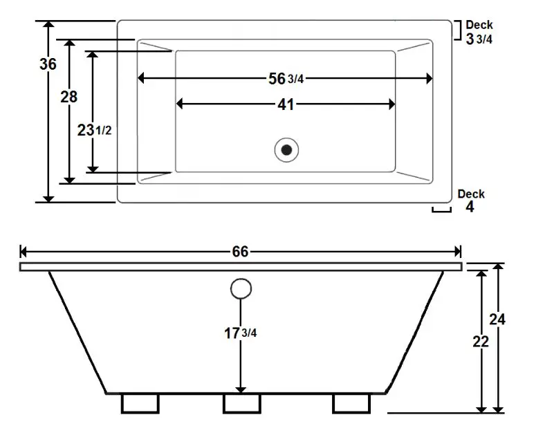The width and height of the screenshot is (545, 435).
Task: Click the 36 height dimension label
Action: click(48, 64)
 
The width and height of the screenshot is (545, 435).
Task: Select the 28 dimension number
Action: click(68, 97)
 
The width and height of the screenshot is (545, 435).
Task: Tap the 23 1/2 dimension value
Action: click(95, 130)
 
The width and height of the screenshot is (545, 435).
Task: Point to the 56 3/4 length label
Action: click(286, 79)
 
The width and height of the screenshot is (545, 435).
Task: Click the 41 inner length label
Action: click(285, 104)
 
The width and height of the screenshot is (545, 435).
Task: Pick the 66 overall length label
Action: click(240, 252)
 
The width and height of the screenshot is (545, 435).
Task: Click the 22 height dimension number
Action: click(481, 341)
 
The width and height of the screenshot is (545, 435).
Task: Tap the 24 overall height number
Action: click(497, 319)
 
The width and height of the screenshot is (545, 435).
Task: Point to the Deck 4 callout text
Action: click(471, 201)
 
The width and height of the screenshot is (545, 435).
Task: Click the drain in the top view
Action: click(286, 148)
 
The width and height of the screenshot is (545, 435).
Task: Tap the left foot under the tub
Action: click(140, 402)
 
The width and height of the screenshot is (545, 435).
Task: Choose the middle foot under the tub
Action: click(241, 402)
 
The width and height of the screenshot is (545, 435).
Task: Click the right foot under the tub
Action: click(350, 402)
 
